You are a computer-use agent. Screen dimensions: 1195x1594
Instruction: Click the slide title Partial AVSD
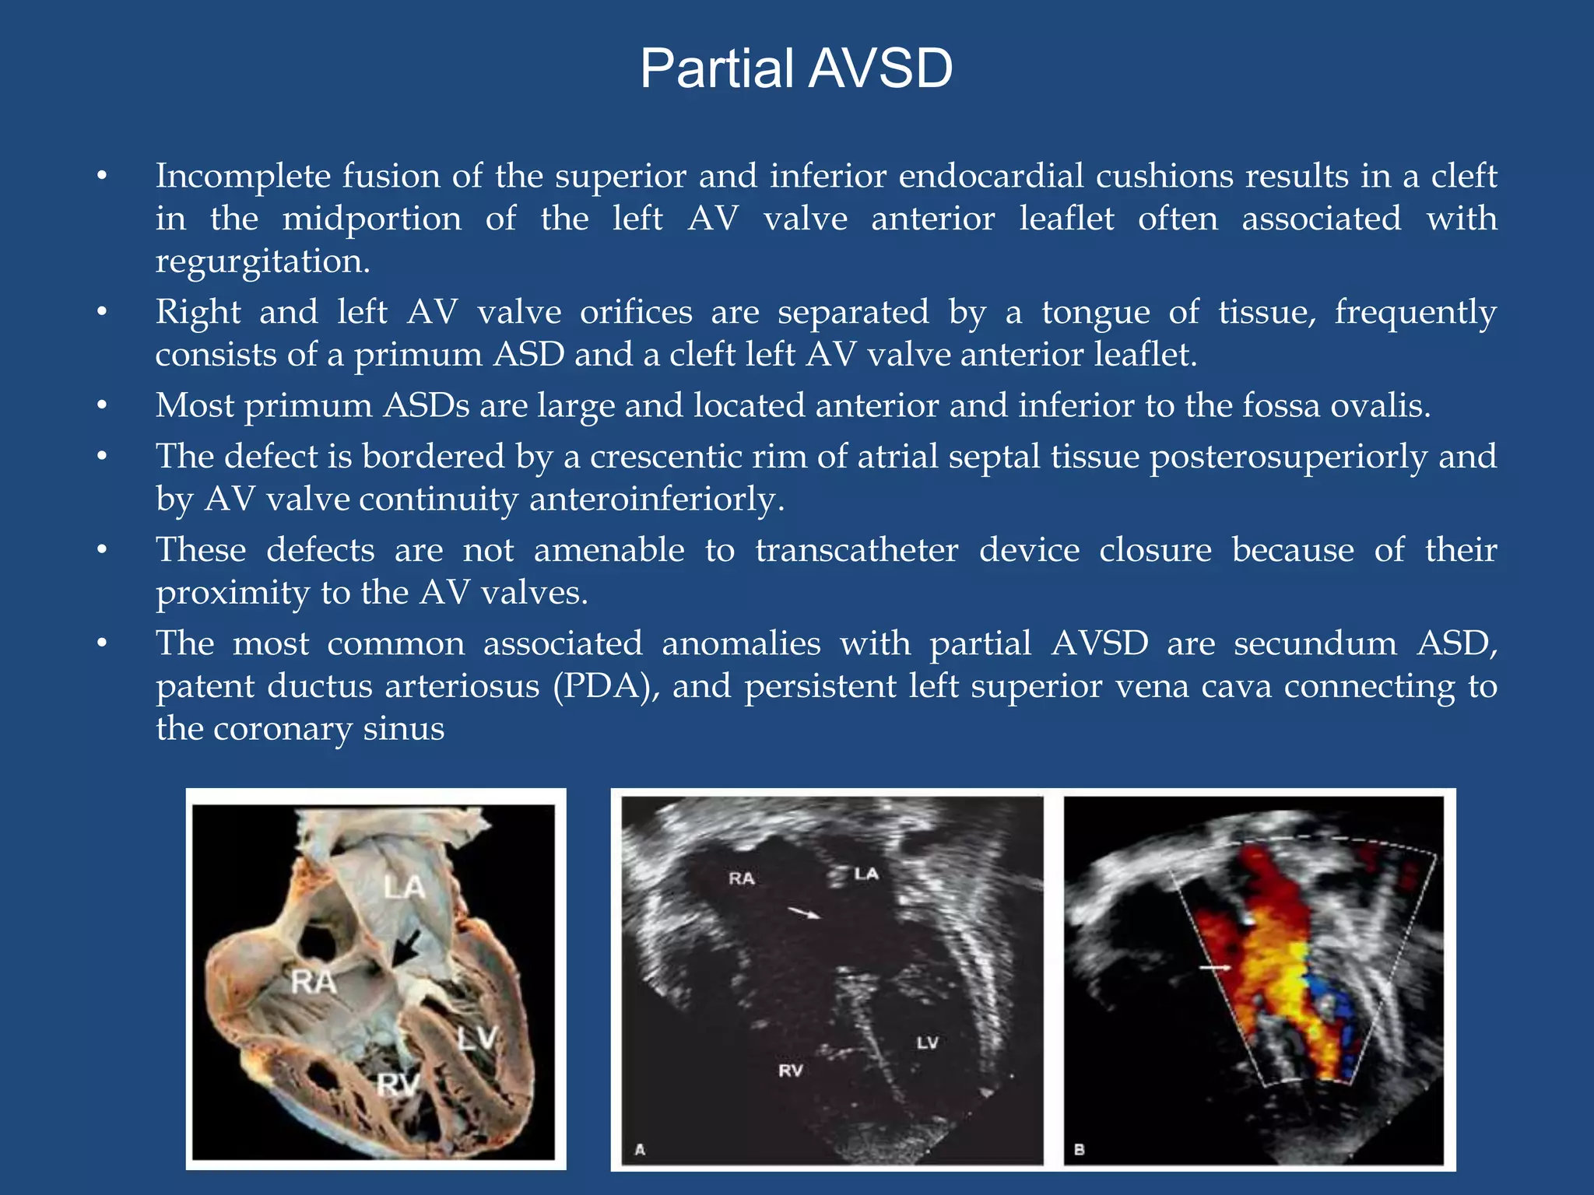[x=795, y=68]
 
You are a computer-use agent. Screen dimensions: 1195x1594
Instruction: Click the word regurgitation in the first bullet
[x=262, y=261]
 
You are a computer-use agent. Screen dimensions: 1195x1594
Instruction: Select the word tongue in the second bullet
[x=1095, y=313]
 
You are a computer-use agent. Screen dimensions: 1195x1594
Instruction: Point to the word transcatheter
[x=856, y=550]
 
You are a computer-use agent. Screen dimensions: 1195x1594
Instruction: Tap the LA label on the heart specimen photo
[x=404, y=887]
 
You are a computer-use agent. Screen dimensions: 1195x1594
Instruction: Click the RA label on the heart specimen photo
[x=314, y=982]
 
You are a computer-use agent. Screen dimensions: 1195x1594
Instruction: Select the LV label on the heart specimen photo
[x=476, y=1037]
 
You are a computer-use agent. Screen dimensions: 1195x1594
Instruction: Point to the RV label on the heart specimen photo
[x=398, y=1084]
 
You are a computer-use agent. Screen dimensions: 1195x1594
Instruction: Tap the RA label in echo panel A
[x=741, y=878]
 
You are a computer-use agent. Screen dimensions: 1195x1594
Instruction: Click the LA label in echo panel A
[x=865, y=874]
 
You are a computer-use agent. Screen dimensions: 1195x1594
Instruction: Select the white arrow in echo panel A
[x=804, y=913]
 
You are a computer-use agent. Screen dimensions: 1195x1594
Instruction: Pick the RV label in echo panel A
[x=790, y=1071]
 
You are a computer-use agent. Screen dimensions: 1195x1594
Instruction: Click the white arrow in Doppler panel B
[x=1214, y=968]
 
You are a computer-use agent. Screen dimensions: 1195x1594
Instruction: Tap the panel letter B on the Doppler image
[x=1079, y=1149]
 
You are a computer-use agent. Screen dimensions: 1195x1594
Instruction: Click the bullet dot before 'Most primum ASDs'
[x=101, y=406]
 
